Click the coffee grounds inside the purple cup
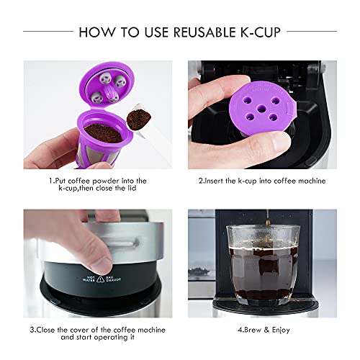102,132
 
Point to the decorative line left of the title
47,32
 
